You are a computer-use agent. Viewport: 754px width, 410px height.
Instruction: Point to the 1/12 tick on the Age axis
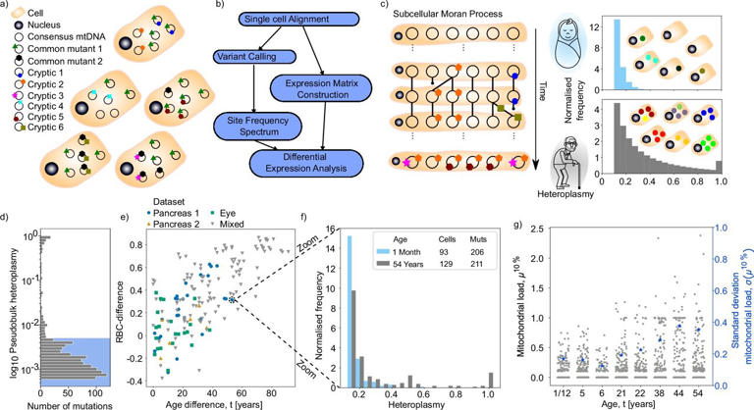tap(563, 383)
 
